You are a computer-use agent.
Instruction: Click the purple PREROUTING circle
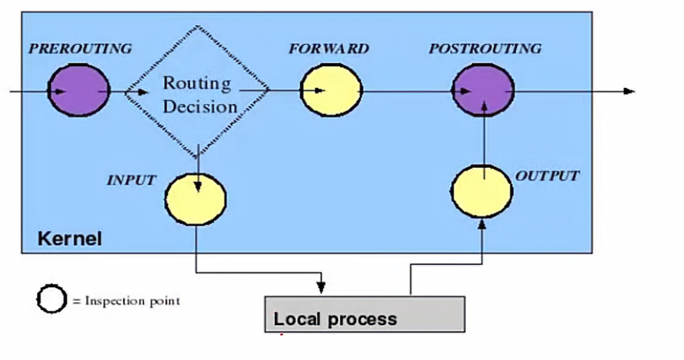(x=78, y=89)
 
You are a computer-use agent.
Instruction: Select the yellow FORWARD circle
(x=331, y=89)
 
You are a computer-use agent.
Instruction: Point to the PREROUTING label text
(x=80, y=49)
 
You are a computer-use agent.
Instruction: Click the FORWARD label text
(x=328, y=49)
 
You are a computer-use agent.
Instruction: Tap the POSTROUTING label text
(x=485, y=49)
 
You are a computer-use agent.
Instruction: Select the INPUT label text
(x=131, y=181)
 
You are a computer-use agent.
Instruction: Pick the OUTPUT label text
(x=547, y=176)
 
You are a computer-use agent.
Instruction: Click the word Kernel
(x=70, y=240)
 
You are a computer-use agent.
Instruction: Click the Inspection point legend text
(x=127, y=302)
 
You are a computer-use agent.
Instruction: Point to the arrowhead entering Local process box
(x=321, y=289)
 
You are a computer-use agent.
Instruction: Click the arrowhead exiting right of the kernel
(x=629, y=91)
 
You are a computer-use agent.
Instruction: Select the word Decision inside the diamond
(x=201, y=106)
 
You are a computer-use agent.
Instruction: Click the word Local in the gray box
(x=295, y=318)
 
